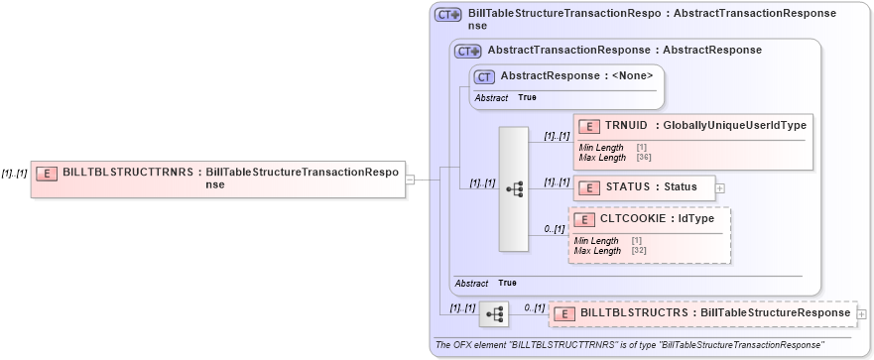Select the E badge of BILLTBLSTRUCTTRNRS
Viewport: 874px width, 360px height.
46,173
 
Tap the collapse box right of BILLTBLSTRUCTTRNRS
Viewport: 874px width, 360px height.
410,179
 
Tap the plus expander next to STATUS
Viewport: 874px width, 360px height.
719,187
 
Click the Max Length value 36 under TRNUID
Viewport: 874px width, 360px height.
642,158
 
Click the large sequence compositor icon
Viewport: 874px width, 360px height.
514,188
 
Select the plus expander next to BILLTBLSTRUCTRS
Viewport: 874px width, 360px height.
861,314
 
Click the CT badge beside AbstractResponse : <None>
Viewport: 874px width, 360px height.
485,75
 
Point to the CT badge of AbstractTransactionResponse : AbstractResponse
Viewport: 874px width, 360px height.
467,51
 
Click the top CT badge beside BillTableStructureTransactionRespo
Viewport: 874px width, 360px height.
448,15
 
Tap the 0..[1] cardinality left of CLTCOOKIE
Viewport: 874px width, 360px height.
554,229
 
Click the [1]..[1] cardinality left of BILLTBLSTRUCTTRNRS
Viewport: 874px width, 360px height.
15,173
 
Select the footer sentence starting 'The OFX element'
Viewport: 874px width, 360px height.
629,344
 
